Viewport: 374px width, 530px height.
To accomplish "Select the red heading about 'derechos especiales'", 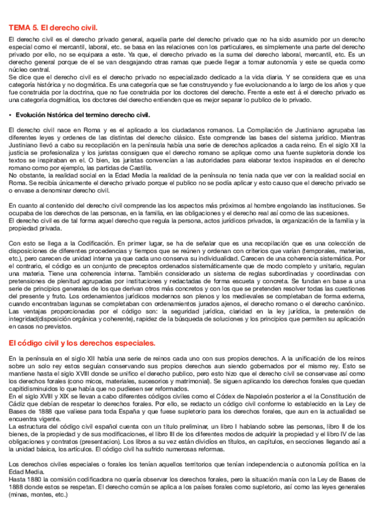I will [82, 343].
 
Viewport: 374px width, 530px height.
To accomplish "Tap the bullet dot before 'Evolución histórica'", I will [11, 115].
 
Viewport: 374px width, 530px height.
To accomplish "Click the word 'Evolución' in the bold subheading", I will [32, 115].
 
